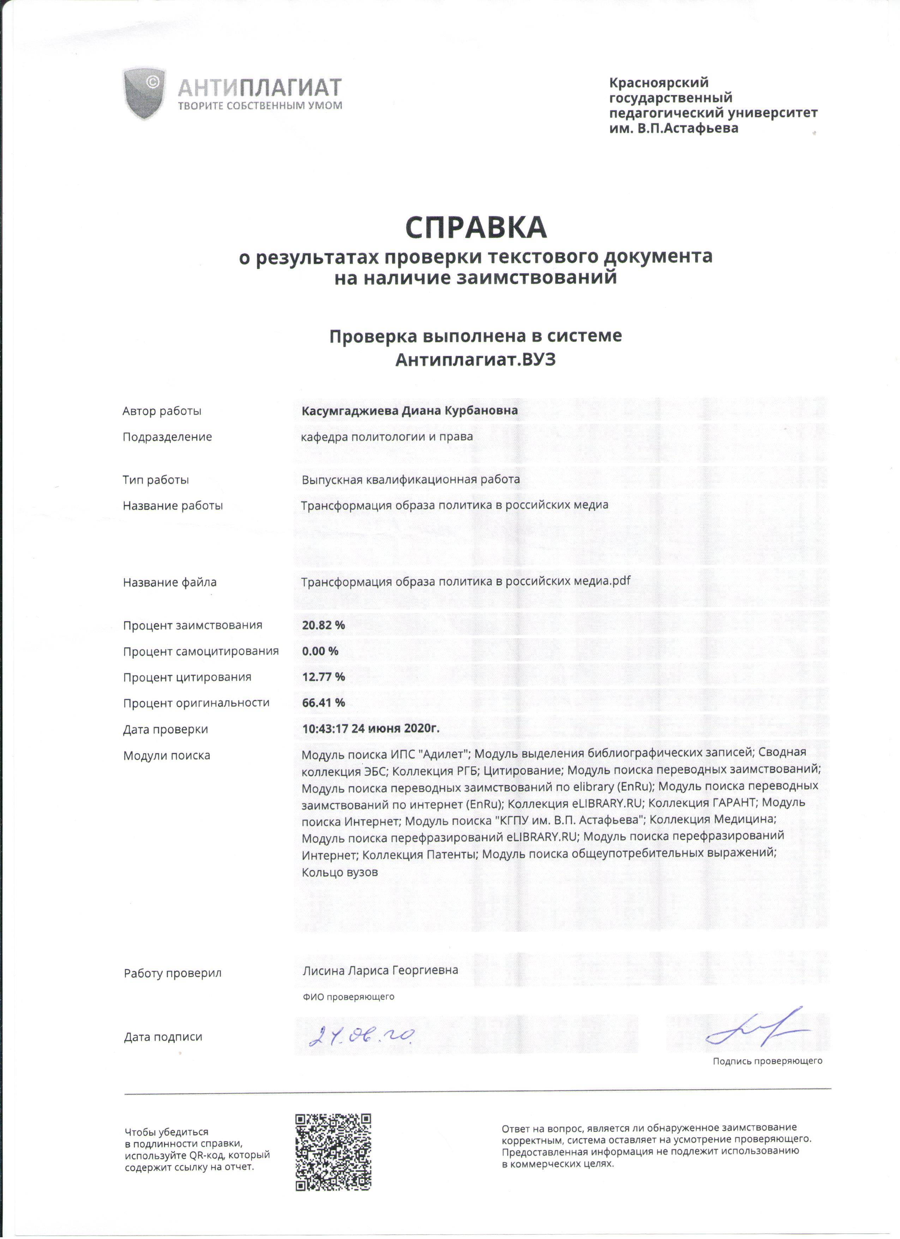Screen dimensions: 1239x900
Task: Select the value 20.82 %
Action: click(x=323, y=625)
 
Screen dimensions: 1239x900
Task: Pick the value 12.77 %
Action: click(x=323, y=677)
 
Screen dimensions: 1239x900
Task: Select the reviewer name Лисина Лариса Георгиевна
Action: click(x=380, y=970)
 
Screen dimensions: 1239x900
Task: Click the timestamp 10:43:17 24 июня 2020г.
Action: click(x=371, y=729)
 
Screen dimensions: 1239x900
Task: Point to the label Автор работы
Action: click(x=162, y=411)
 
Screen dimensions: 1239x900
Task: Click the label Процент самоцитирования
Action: click(x=200, y=651)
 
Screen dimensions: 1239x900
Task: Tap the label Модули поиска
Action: click(x=167, y=755)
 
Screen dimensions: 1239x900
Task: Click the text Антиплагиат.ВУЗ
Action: click(x=475, y=360)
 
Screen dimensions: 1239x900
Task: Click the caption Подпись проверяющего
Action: click(x=767, y=1061)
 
